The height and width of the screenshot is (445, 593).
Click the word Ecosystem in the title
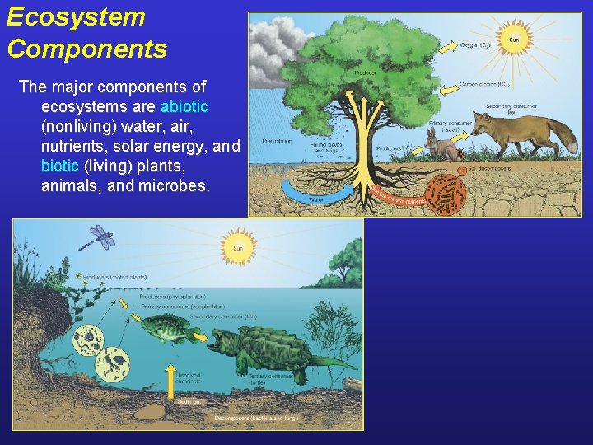click(x=76, y=17)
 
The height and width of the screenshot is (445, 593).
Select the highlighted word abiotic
click(x=184, y=106)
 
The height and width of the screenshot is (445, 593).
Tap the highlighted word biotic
click(x=59, y=166)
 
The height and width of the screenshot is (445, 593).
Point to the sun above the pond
click(x=238, y=246)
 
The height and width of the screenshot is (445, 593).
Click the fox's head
click(x=483, y=124)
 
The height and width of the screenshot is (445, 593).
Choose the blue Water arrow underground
click(x=316, y=194)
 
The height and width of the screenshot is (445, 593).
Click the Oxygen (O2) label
click(x=477, y=44)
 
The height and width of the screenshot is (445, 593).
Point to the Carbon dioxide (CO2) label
click(x=487, y=84)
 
